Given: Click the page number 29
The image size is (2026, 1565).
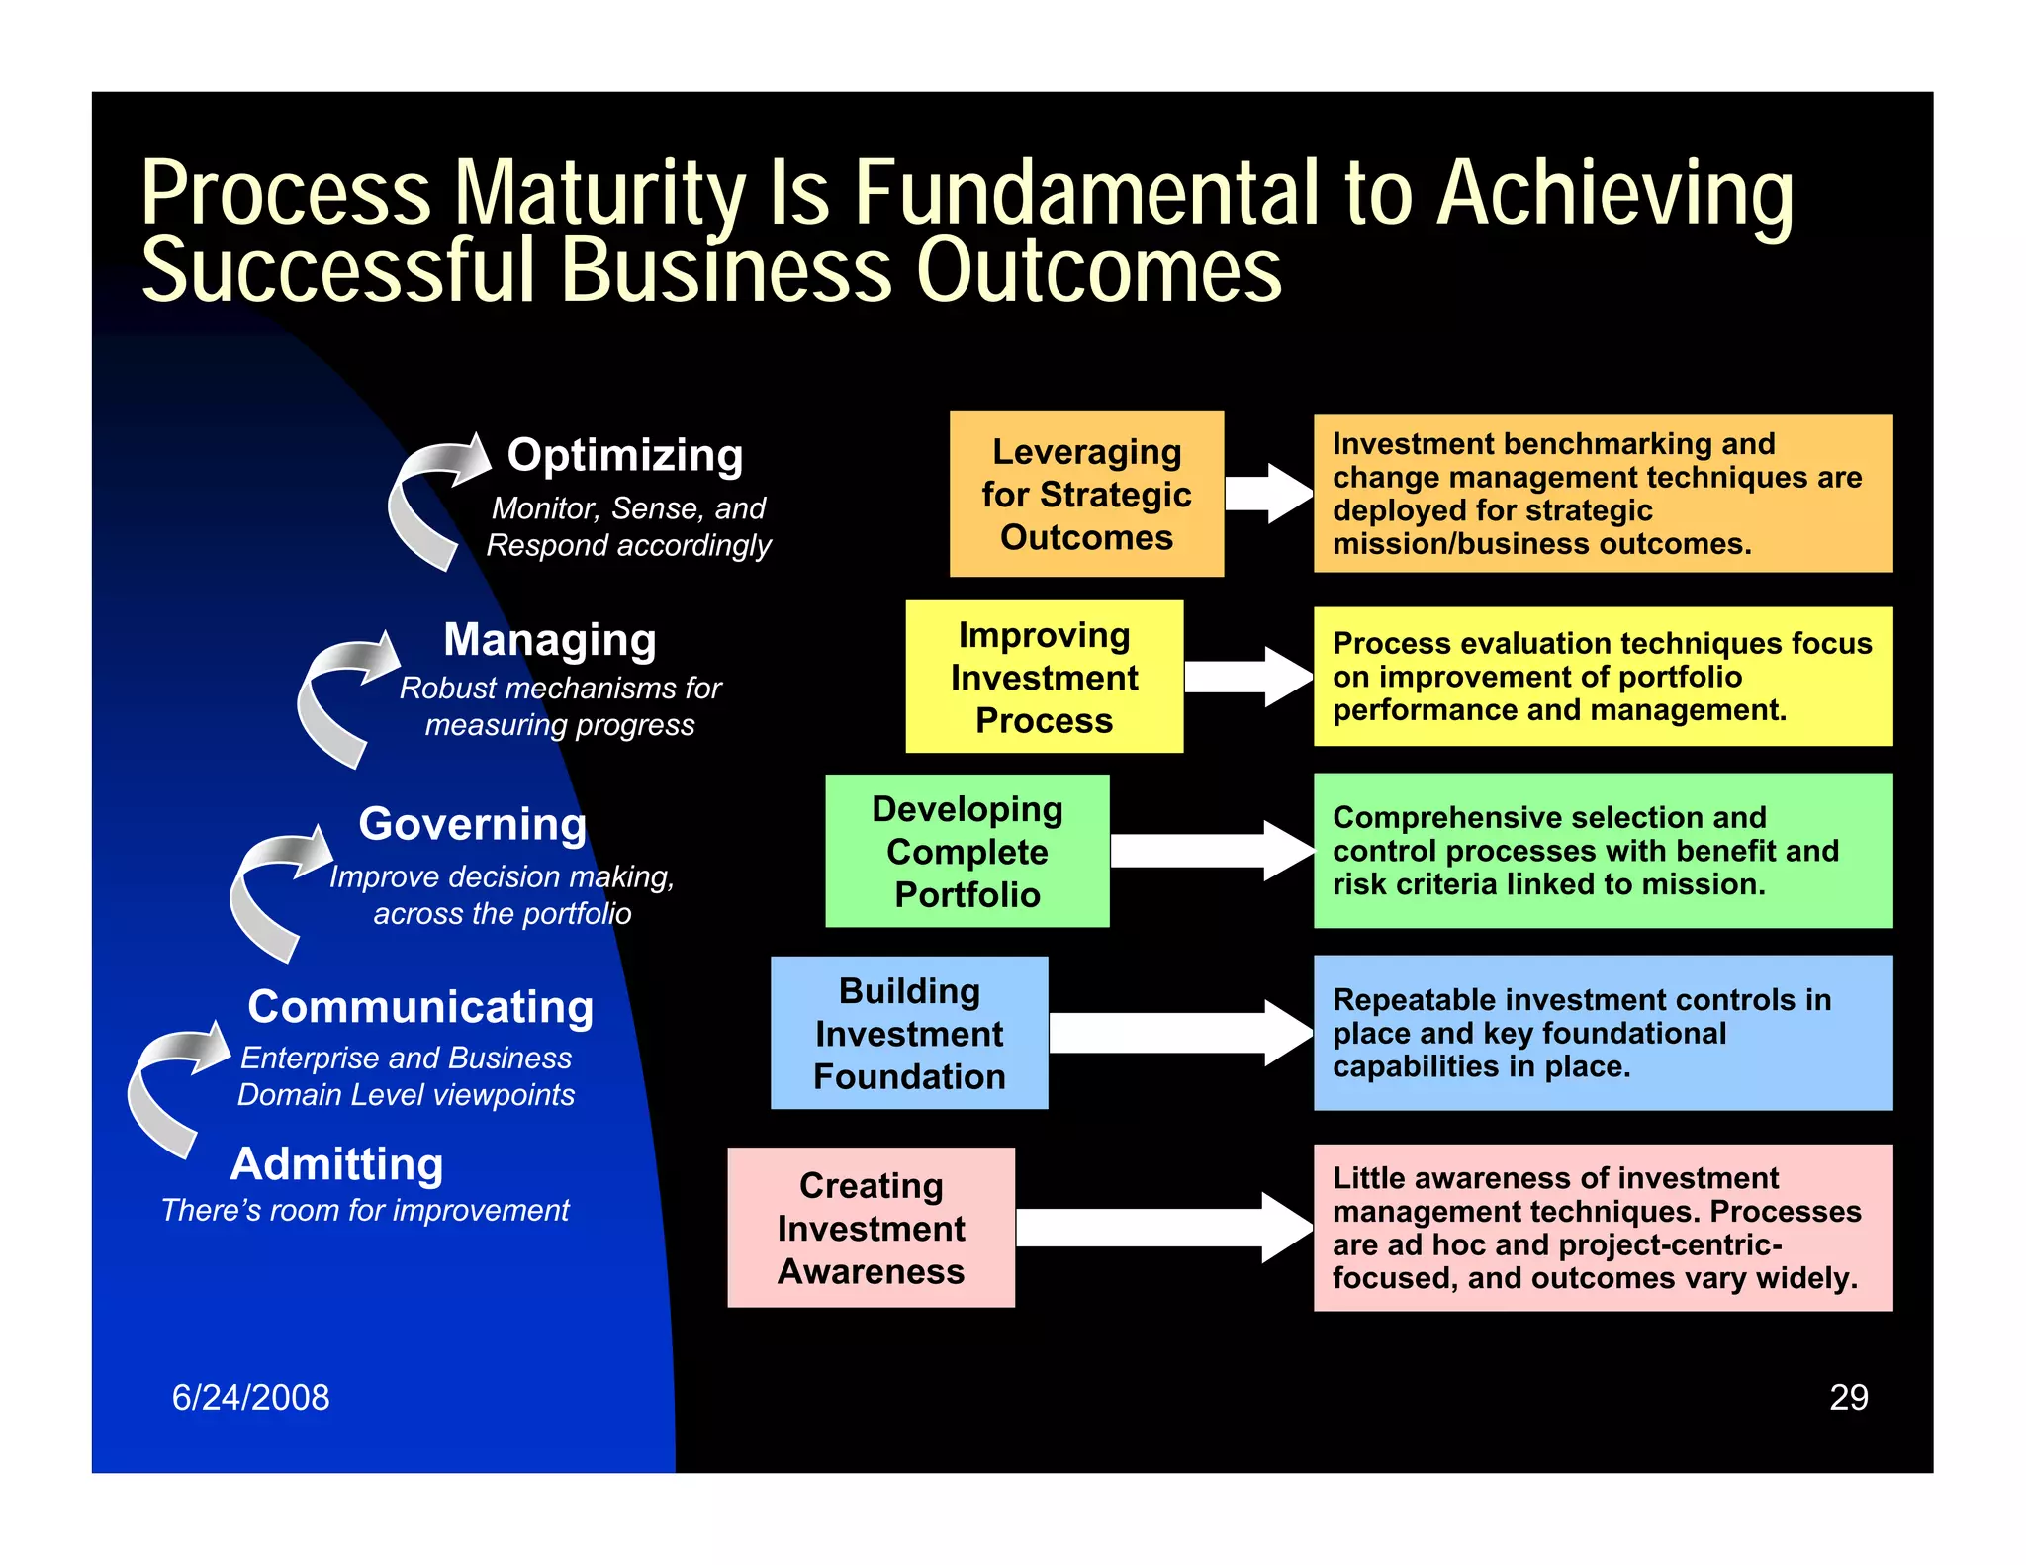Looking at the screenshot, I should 1848,1397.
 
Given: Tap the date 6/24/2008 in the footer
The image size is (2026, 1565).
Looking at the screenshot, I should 250,1397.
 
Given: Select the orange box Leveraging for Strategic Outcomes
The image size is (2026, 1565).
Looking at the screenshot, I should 1086,494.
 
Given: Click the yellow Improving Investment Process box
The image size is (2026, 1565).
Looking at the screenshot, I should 1044,677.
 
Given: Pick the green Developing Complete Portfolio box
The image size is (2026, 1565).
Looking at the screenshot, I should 967,851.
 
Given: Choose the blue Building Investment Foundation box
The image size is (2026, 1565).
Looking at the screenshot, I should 908,1033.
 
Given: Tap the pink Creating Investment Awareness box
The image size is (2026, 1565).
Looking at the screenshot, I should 871,1228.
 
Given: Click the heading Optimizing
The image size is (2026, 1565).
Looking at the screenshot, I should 625,456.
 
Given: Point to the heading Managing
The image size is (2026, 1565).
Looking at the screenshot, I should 550,640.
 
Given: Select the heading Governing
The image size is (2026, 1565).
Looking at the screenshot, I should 473,824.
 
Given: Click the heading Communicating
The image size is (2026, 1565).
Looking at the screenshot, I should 420,1007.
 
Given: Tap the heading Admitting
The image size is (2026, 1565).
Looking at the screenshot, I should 336,1164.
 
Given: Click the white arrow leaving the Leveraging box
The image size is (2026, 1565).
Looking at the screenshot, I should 1269,493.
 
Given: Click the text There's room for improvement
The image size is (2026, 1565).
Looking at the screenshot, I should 365,1210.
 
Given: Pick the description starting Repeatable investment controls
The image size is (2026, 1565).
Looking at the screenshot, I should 1581,1033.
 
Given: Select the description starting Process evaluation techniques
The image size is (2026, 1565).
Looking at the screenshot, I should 1602,677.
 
